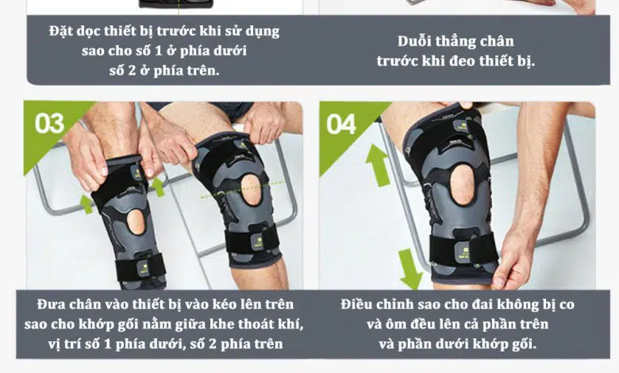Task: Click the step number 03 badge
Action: coord(49,124)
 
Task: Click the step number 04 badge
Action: coord(341,125)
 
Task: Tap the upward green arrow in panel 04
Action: coord(378,165)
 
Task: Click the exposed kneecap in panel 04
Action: coord(463,185)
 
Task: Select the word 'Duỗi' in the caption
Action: coord(413,41)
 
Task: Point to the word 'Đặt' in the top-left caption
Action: coord(61,31)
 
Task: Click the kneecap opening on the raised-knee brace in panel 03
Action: coord(252,190)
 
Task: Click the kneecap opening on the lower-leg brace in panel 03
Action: coord(136,222)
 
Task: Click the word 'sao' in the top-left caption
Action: coord(93,51)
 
